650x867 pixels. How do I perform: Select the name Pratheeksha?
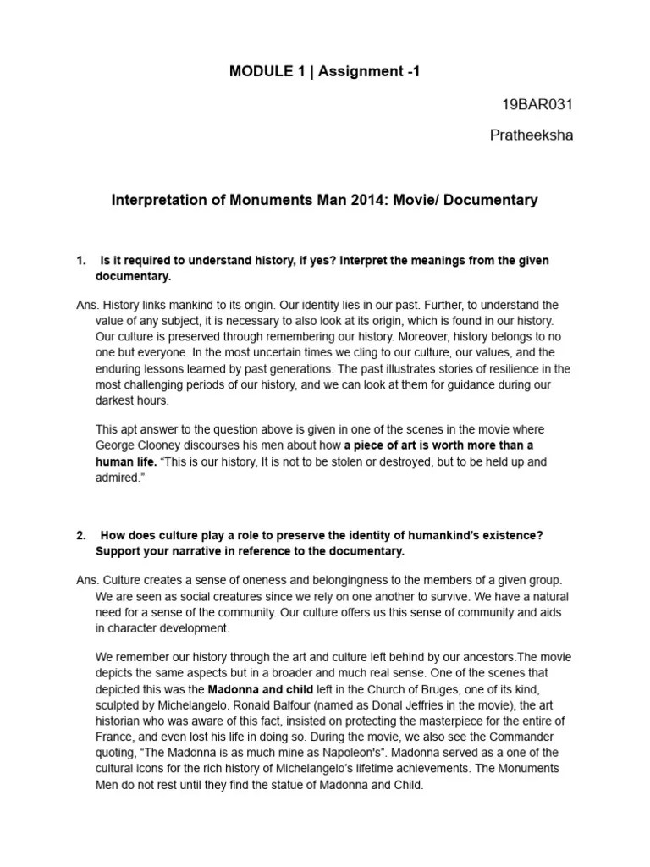532,135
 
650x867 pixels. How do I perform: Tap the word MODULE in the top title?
256,72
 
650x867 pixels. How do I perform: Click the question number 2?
80,535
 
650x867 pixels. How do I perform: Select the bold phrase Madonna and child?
261,688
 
